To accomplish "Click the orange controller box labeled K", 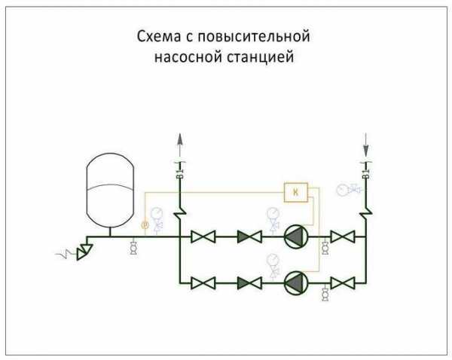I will [x=295, y=193].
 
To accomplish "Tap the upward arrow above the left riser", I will [x=180, y=140].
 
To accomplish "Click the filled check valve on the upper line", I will [x=248, y=238].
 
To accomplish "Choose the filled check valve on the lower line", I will [x=248, y=282].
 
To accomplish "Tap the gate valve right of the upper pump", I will [x=344, y=238].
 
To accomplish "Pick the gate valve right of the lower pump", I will [x=344, y=282].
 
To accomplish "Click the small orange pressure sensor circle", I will [x=145, y=224].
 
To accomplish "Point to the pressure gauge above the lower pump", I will [x=271, y=261].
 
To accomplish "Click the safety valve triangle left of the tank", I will [x=84, y=248].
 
